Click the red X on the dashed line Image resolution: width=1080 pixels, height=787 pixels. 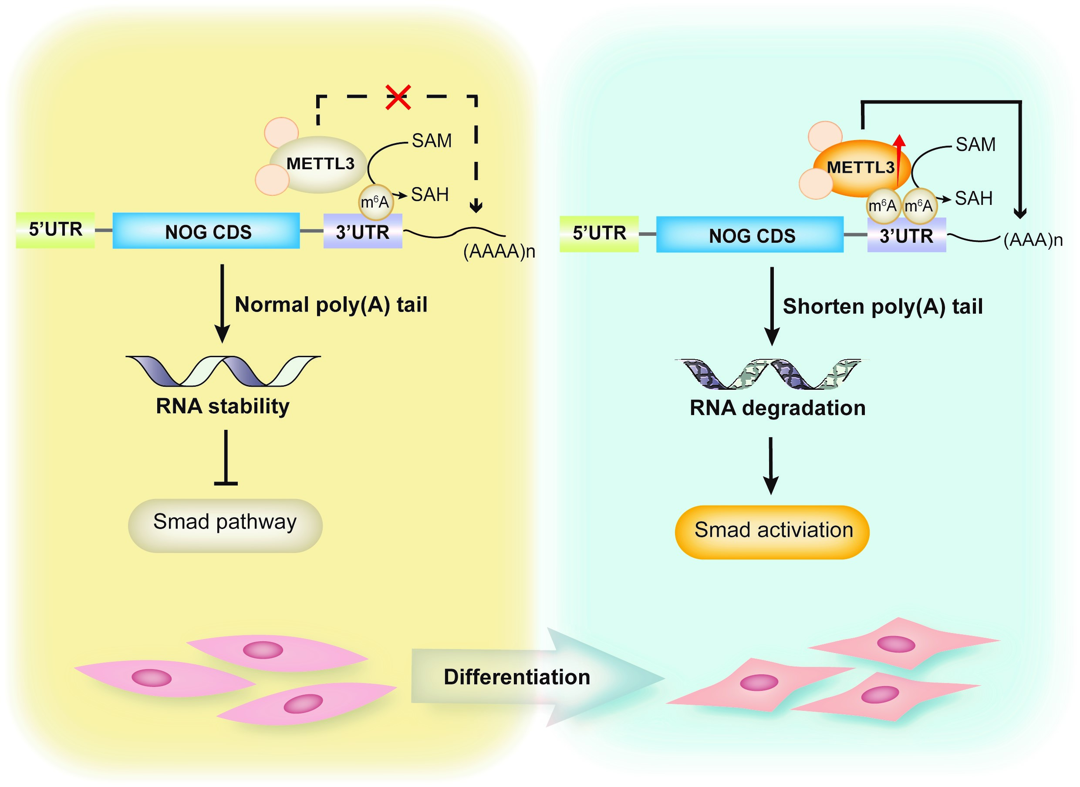point(398,97)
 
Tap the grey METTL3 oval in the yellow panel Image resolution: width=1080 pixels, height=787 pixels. point(320,164)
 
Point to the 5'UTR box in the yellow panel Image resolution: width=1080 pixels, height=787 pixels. point(55,230)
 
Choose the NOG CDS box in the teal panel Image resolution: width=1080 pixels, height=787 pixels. point(749,235)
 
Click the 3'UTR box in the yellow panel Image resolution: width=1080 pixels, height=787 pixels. point(363,232)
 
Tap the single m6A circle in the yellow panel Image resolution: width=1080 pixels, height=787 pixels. point(375,202)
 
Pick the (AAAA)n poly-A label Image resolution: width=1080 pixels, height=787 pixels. point(499,251)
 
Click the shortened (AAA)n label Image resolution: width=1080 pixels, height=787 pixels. point(1033,240)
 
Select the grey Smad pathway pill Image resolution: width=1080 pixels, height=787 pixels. point(225,525)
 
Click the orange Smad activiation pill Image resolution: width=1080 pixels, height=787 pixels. point(772,532)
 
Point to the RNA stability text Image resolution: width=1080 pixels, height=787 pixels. point(223,406)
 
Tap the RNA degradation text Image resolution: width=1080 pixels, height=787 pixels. point(777,408)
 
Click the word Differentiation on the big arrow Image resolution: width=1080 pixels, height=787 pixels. point(517,677)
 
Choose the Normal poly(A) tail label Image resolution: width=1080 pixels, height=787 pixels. point(331,305)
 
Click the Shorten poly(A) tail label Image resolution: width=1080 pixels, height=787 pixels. point(883,306)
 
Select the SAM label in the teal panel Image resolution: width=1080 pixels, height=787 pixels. point(975,144)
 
